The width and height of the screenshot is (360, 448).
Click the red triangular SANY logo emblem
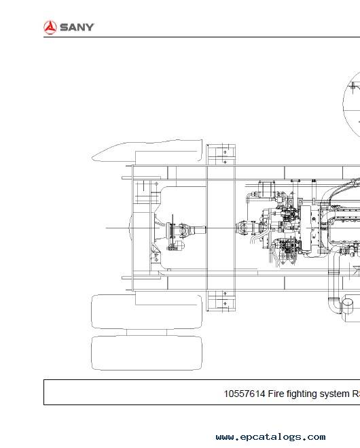point(50,27)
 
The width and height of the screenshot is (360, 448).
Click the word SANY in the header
point(77,27)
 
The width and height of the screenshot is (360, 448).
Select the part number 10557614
point(245,394)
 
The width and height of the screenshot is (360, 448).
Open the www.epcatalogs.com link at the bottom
point(270,437)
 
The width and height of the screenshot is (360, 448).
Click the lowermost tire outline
point(147,353)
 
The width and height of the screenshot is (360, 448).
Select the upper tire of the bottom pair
point(147,312)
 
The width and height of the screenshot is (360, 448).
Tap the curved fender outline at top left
point(147,151)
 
